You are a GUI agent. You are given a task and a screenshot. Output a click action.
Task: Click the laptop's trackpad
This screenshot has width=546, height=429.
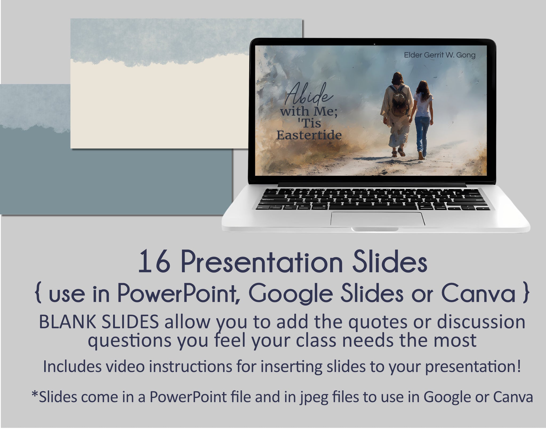(378, 219)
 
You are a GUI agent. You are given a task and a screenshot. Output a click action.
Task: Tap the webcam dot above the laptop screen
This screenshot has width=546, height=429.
(374, 44)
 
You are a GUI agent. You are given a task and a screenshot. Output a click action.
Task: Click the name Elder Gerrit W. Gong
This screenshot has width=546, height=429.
(440, 55)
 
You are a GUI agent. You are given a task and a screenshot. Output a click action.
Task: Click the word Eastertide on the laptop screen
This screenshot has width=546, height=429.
(309, 135)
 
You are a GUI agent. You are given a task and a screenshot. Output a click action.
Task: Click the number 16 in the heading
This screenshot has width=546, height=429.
(155, 263)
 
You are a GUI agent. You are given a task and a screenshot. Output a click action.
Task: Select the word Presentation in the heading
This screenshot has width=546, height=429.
(262, 263)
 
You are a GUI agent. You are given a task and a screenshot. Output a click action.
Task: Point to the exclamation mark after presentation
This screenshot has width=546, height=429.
(518, 366)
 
